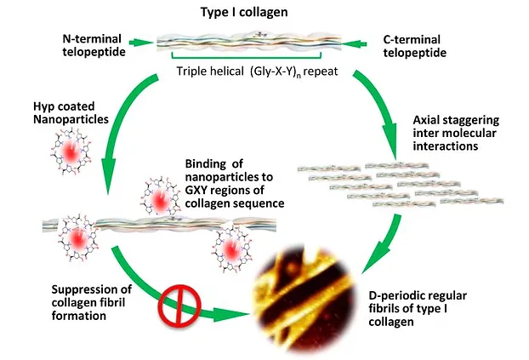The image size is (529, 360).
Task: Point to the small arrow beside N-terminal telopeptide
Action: pos(138,40)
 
